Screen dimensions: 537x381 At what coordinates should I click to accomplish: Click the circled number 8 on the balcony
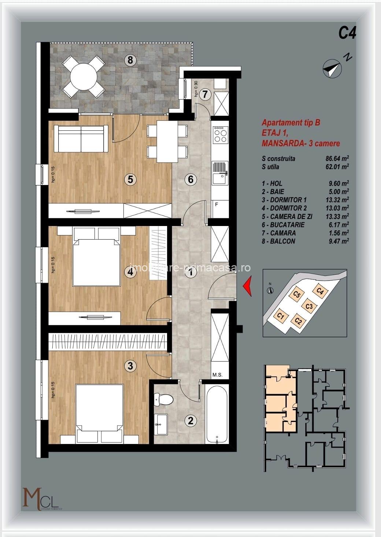tap(130, 60)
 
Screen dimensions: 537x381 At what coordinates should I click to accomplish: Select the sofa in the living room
tap(81, 138)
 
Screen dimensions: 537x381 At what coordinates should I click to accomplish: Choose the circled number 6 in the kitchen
tap(190, 179)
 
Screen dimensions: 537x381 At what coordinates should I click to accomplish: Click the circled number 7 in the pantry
tap(205, 94)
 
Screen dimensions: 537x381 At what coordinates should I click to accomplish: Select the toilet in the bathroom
tap(163, 399)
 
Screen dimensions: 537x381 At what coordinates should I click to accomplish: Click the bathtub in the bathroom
tap(217, 414)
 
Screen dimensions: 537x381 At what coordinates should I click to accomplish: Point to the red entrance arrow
tap(248, 286)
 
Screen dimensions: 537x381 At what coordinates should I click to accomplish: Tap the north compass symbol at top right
tap(332, 68)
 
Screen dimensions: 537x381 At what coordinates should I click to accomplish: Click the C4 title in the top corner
tap(347, 33)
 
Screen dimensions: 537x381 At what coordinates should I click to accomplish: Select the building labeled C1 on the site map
tap(281, 315)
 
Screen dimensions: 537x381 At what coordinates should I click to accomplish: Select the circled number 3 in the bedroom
tap(130, 365)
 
